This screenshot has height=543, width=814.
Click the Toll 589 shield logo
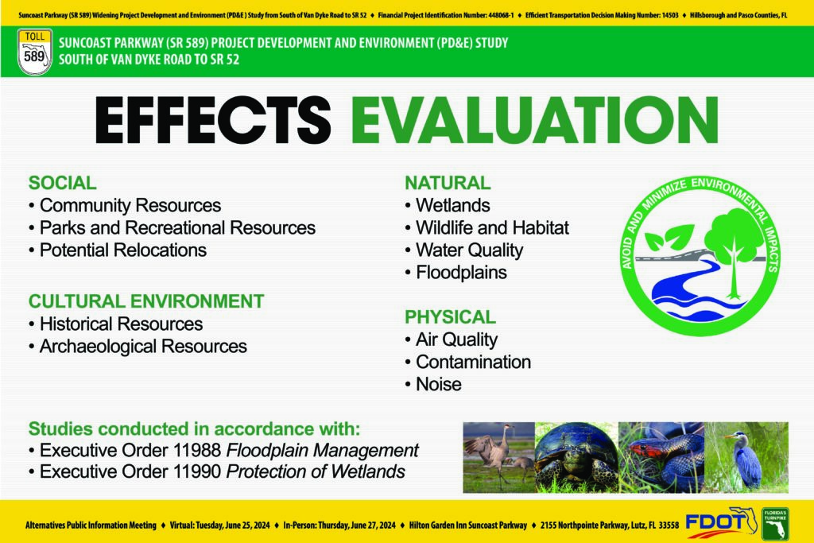pos(35,52)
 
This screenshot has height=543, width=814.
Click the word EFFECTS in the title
pos(213,120)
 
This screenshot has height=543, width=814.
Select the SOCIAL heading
pos(62,183)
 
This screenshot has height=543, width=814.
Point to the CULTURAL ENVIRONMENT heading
pos(146,301)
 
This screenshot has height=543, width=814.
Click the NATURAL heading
pos(448,183)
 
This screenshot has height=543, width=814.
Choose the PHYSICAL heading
pos(450,316)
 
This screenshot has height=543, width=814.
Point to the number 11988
pos(197,450)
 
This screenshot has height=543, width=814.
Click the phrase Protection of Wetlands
pos(316,471)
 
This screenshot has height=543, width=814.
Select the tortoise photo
pos(576,457)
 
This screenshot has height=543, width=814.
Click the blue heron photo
pos(746,457)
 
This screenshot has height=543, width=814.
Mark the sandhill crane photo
pos(499,457)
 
